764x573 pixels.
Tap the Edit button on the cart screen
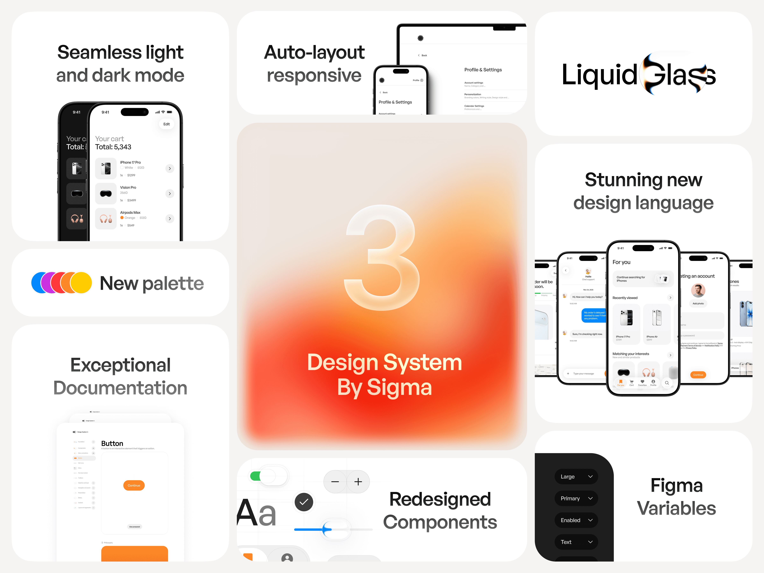point(166,124)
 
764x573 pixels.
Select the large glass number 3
point(382,257)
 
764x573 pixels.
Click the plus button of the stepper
point(358,481)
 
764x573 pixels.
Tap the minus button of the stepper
point(335,481)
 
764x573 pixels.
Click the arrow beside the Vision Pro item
point(170,193)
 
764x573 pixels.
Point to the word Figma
point(676,485)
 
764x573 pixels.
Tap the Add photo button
point(698,304)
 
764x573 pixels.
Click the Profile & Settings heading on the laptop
point(483,70)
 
